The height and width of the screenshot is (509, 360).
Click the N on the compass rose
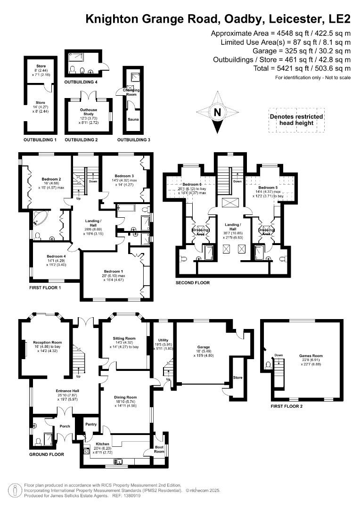pyautogui.click(x=217, y=112)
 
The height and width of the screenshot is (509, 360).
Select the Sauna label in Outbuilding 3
pyautogui.click(x=133, y=120)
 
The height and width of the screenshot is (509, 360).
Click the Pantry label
pyautogui.click(x=90, y=424)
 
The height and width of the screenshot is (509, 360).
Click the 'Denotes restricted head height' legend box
pyautogui.click(x=296, y=120)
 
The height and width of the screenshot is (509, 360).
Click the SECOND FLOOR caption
pyautogui.click(x=192, y=283)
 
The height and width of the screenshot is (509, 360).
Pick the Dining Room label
pyautogui.click(x=125, y=397)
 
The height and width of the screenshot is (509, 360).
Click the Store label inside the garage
pyautogui.click(x=237, y=378)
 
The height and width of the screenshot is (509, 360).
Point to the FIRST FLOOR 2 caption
pyautogui.click(x=287, y=406)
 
